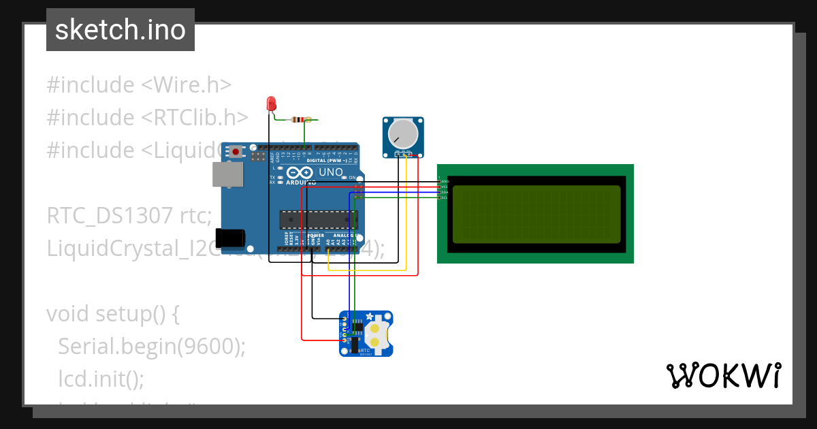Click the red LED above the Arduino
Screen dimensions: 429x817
pyautogui.click(x=271, y=104)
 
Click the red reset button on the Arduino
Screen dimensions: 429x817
pyautogui.click(x=236, y=151)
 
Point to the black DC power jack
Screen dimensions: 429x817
pyautogui.click(x=234, y=237)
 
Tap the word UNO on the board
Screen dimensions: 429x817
pyautogui.click(x=331, y=172)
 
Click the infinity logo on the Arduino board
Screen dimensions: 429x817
pyautogui.click(x=301, y=173)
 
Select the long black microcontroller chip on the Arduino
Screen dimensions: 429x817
pyautogui.click(x=318, y=219)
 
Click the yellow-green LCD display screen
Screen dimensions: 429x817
pyautogui.click(x=535, y=214)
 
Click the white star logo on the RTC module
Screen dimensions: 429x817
pyautogui.click(x=370, y=317)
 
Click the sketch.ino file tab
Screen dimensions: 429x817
pyautogui.click(x=121, y=30)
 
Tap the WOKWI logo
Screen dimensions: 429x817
pyautogui.click(x=723, y=376)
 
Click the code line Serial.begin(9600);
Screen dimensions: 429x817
pyautogui.click(x=151, y=346)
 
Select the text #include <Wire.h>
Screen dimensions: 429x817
pyautogui.click(x=139, y=85)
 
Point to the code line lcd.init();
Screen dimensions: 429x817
pyautogui.click(x=101, y=378)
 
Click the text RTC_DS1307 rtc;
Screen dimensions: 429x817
pyautogui.click(x=129, y=216)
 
